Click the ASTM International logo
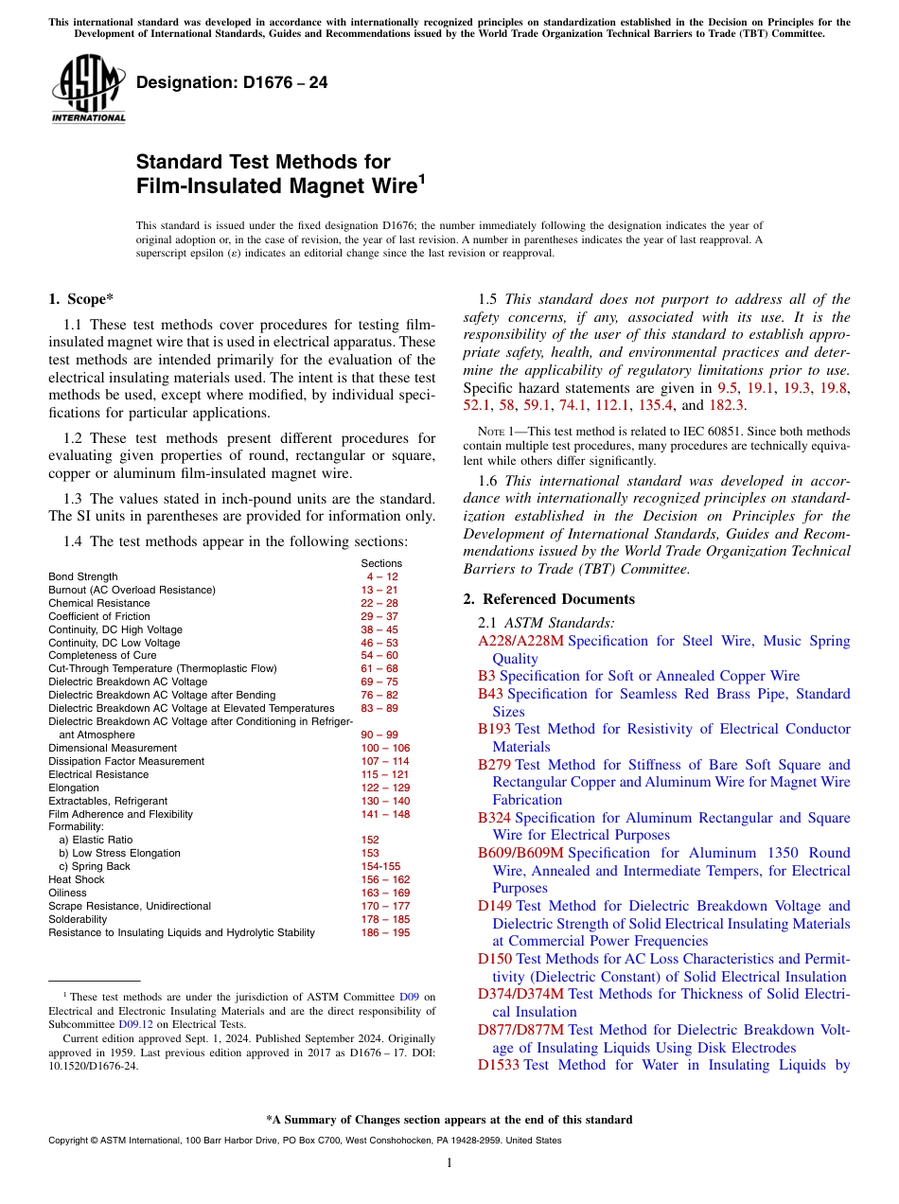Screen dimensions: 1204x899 coord(88,90)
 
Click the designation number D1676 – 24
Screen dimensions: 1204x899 coord(232,82)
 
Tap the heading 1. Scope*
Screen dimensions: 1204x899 coord(80,299)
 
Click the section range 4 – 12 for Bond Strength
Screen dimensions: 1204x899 coord(382,576)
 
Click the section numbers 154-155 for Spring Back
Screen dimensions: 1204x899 coord(381,866)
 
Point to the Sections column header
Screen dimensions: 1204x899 coord(381,563)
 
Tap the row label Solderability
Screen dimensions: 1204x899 coord(78,919)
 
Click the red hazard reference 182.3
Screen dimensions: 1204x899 coord(726,405)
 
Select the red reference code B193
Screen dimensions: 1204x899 coord(494,729)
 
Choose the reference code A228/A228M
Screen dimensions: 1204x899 coord(520,641)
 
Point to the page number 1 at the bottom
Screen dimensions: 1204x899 coord(449,1163)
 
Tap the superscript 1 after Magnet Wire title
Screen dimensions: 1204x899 coord(421,178)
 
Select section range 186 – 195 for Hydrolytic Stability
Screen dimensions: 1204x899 coord(385,932)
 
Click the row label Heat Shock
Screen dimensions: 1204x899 coord(77,879)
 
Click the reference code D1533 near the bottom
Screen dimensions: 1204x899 coord(499,1065)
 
